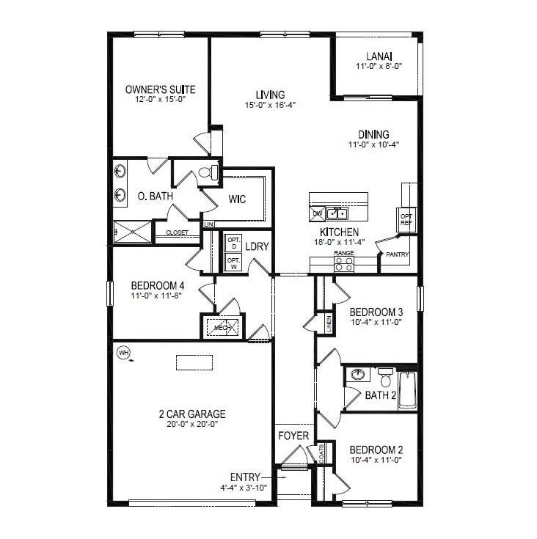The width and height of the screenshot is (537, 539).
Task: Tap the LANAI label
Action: tap(379, 56)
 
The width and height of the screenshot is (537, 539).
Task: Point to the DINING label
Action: tap(373, 134)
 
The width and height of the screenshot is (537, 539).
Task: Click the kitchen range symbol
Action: tap(344, 264)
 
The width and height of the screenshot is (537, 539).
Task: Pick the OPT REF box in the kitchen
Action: tap(406, 219)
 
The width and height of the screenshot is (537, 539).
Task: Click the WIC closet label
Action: tap(237, 199)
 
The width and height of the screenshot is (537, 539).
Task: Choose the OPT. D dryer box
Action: tap(233, 243)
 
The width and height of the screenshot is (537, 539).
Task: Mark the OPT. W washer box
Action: tap(233, 263)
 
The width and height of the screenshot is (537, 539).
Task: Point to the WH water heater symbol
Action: tap(123, 352)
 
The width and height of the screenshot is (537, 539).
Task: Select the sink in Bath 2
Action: tap(359, 374)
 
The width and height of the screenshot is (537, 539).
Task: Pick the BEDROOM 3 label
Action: tap(376, 312)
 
